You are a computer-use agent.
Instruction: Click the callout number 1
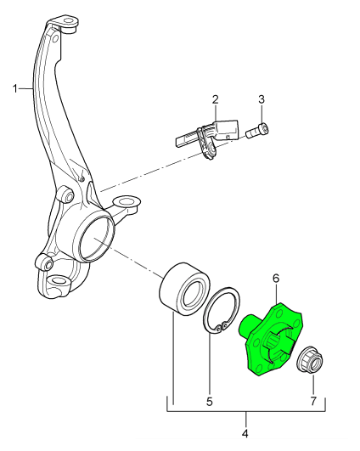point(15,88)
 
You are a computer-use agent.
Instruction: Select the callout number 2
point(216,99)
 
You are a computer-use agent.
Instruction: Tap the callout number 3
point(262,99)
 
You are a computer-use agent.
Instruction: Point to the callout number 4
point(245,434)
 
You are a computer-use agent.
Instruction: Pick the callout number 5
point(210,402)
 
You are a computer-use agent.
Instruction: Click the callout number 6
point(276,279)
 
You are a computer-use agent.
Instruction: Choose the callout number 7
point(313,401)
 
